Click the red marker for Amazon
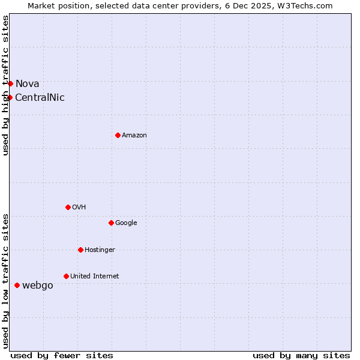click(x=118, y=135)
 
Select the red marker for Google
click(x=111, y=223)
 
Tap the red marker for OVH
click(x=68, y=207)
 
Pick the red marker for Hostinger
click(x=80, y=250)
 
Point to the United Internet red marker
click(x=66, y=276)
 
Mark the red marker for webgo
click(x=17, y=285)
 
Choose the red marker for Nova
click(x=10, y=83)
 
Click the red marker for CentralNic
click(x=10, y=97)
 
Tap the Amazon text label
click(x=134, y=136)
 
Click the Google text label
click(x=126, y=223)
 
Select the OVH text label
click(x=79, y=208)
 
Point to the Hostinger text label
click(x=100, y=250)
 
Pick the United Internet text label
click(x=94, y=277)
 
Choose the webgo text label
click(x=37, y=286)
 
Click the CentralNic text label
click(x=40, y=98)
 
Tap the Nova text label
click(x=27, y=84)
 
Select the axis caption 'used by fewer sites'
click(x=62, y=355)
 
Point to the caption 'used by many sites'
click(x=301, y=355)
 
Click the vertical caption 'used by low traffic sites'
click(x=6, y=281)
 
